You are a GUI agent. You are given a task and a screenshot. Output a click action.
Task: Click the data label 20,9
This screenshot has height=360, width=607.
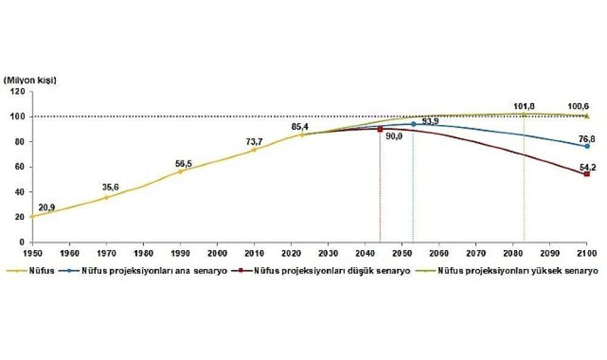47,208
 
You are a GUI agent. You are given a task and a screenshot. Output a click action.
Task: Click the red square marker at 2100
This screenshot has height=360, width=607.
587,174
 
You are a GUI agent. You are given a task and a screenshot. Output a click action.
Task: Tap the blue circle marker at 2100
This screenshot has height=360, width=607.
587,146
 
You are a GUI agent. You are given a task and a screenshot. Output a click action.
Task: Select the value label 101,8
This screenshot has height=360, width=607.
524,104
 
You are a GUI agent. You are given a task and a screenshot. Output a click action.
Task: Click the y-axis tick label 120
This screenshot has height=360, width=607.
18,91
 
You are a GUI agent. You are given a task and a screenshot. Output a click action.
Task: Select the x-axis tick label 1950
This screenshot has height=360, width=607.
31,251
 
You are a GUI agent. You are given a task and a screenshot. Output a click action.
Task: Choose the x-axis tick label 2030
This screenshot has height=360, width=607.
328,251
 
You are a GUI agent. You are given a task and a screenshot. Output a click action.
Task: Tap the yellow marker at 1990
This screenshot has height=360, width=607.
180,172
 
